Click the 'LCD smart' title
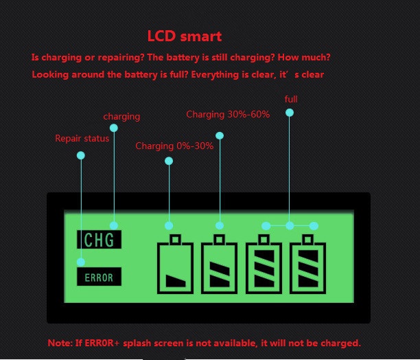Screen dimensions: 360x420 (185, 36)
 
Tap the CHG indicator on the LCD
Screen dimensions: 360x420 (99, 240)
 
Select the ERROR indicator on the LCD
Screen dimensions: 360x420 (99, 278)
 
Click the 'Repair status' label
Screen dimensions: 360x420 (82, 139)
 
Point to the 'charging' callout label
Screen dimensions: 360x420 (121, 117)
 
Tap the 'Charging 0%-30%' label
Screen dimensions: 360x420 (174, 146)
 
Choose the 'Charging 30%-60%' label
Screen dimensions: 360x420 (227, 114)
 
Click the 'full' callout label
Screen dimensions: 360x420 (290, 100)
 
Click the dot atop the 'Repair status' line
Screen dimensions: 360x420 (81, 155)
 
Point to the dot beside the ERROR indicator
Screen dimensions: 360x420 (81, 262)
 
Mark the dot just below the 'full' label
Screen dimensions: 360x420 (290, 112)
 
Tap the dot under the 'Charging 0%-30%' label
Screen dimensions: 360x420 (169, 161)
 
